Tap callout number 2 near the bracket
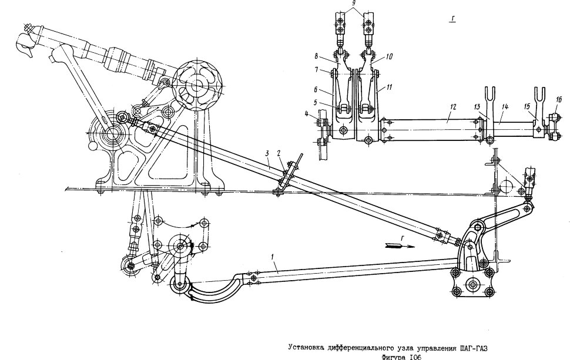point(279,154)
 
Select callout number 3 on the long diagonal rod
point(267,154)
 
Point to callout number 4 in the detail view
point(307,115)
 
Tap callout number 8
point(316,56)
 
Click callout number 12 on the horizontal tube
point(452,107)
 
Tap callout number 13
point(478,106)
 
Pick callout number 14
point(505,107)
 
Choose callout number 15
point(527,106)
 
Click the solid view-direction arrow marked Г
point(400,246)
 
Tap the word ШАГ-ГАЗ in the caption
point(474,348)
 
